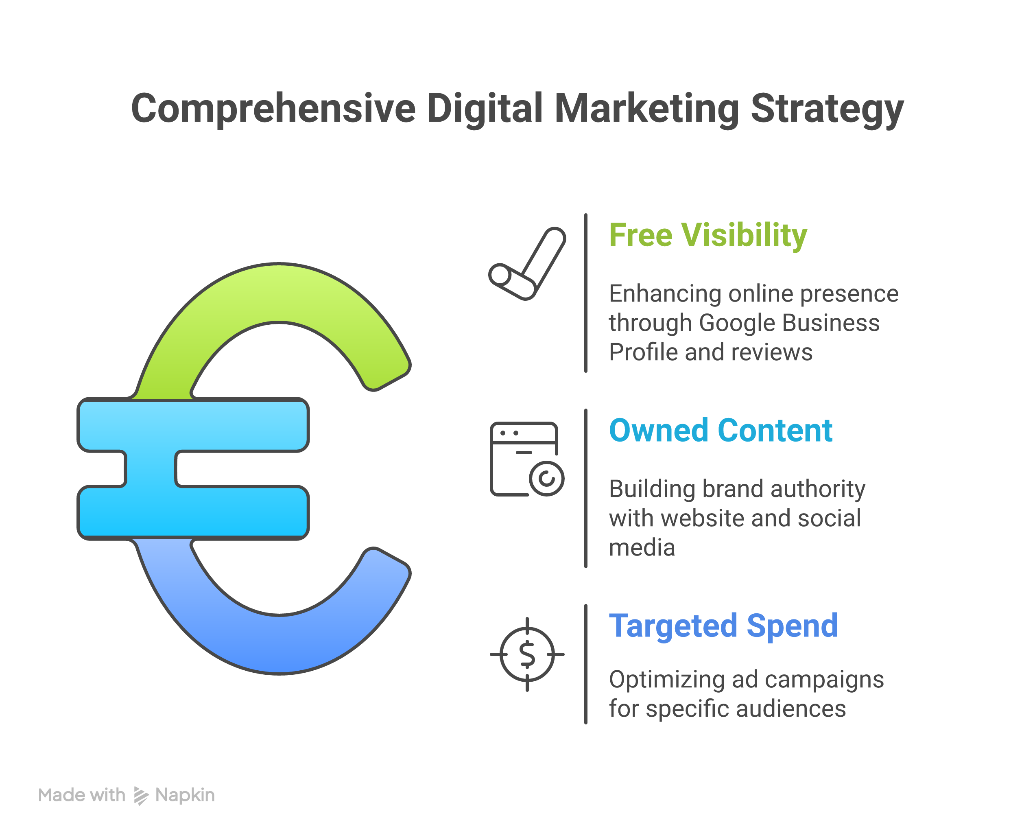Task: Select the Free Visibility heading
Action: click(707, 236)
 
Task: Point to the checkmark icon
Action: click(527, 264)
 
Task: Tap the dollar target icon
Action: click(527, 654)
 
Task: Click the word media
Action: click(642, 548)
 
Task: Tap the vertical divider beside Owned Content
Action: click(586, 488)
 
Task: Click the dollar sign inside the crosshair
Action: click(527, 654)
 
